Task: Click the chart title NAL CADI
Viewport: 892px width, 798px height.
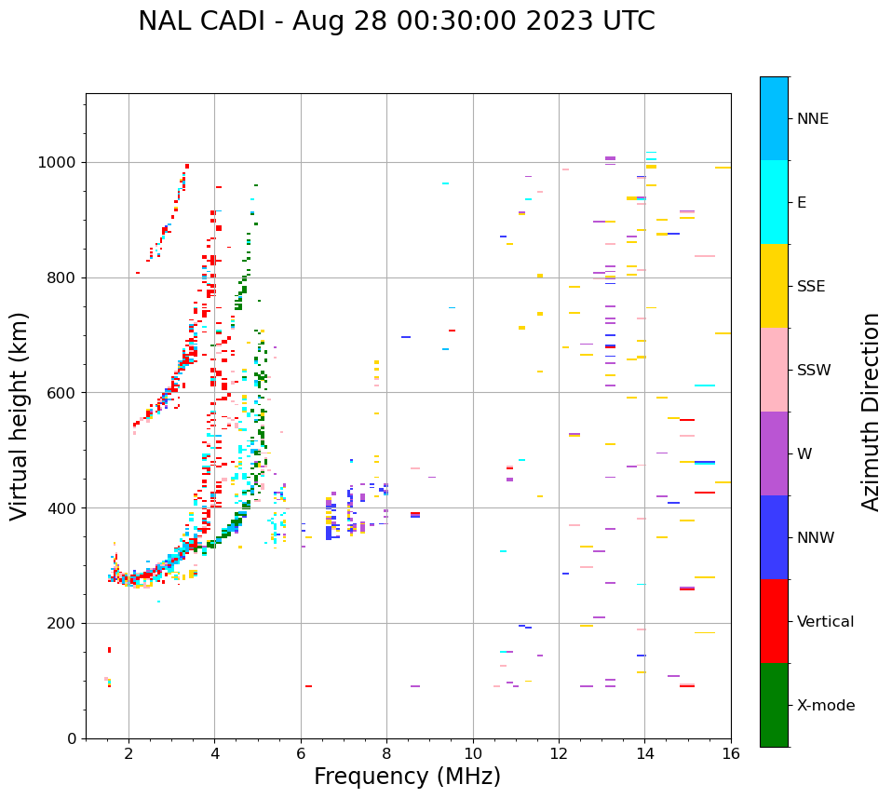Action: click(396, 21)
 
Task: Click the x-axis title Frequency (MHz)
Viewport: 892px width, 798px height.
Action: click(407, 777)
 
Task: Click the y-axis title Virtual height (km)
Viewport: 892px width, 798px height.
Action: click(20, 415)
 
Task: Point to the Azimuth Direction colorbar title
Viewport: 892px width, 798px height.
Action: click(871, 412)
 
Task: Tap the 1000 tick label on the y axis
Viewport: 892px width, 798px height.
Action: click(59, 163)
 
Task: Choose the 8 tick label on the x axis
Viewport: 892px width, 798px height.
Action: click(386, 753)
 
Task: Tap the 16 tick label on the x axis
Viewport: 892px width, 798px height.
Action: click(731, 753)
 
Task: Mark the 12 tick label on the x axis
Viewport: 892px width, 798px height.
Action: click(559, 753)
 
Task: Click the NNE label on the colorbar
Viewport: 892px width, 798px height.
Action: click(812, 119)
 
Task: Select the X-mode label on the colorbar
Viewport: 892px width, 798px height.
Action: click(825, 706)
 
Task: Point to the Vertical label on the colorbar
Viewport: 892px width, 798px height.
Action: click(825, 622)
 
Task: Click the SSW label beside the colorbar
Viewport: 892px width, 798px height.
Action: click(814, 371)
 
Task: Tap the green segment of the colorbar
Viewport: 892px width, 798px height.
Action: click(774, 705)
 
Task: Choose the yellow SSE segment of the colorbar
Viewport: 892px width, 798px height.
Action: click(774, 286)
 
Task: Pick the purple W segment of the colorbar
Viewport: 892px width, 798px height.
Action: click(774, 453)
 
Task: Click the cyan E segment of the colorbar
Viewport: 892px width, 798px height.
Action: click(774, 202)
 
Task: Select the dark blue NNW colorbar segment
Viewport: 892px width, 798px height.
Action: click(774, 537)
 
